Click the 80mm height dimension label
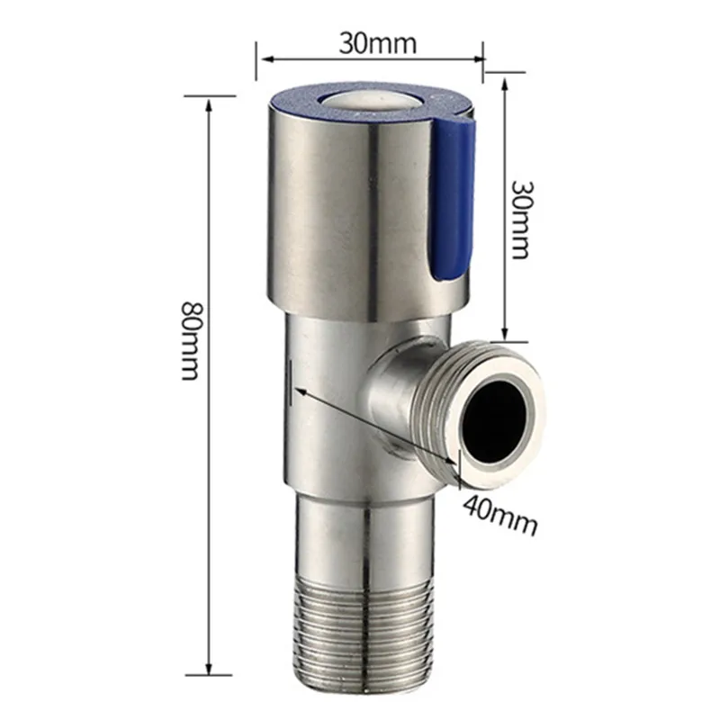pos(190,341)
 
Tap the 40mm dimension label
pos(499,515)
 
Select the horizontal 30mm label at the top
pos(378,43)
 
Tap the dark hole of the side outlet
pos(498,420)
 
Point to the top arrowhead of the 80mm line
pos(209,105)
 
